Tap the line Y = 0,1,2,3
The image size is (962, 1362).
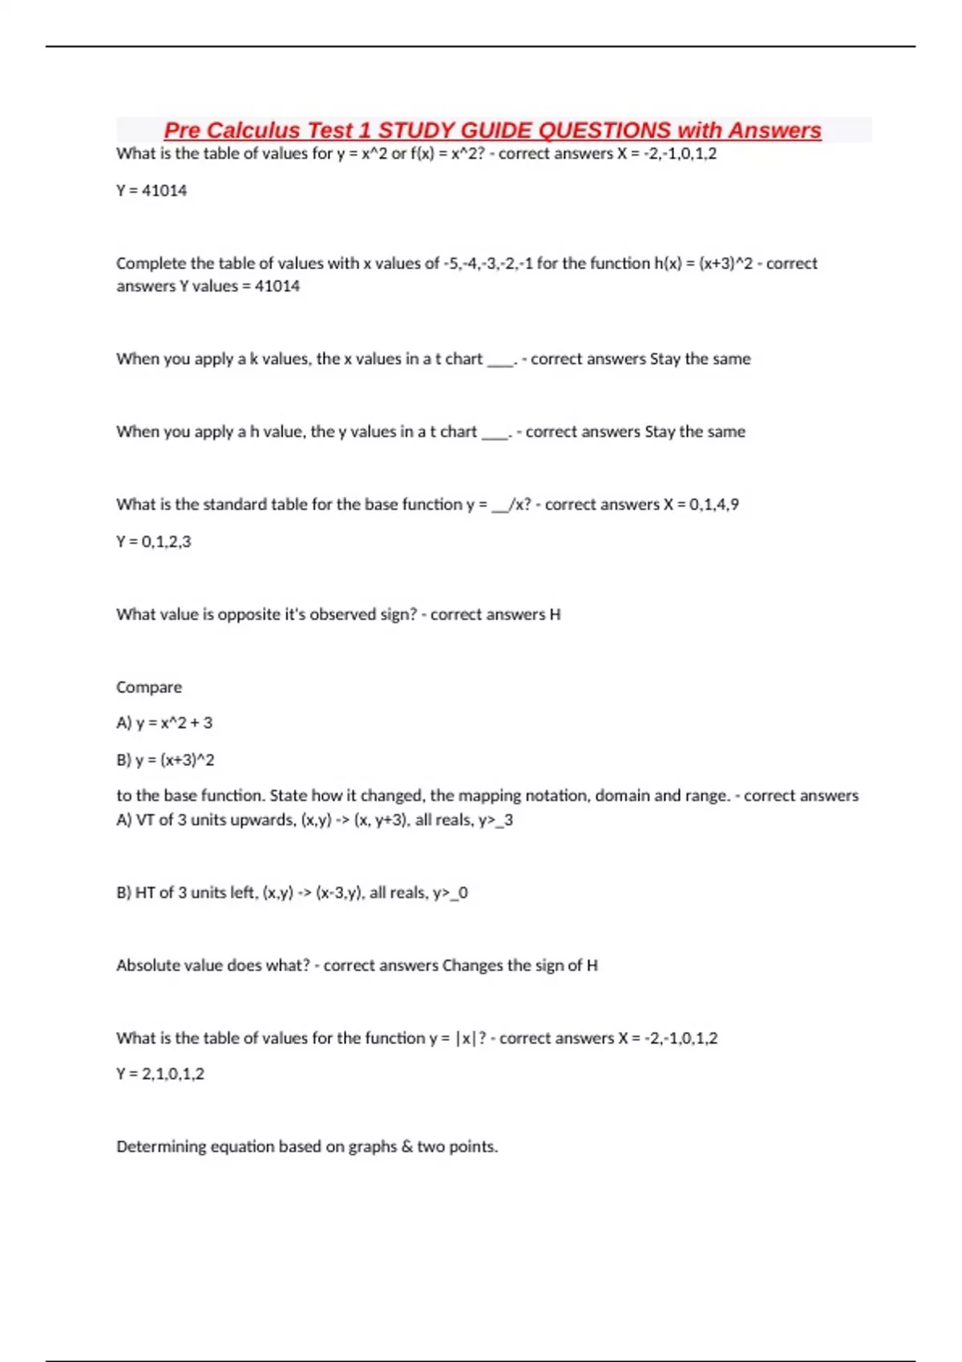coord(154,542)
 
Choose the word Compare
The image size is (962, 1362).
coord(149,687)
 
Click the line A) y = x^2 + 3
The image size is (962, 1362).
coord(164,723)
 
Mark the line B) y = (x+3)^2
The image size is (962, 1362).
coord(165,760)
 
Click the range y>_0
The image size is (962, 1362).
coord(451,893)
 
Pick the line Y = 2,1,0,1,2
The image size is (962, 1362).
coord(160,1074)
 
